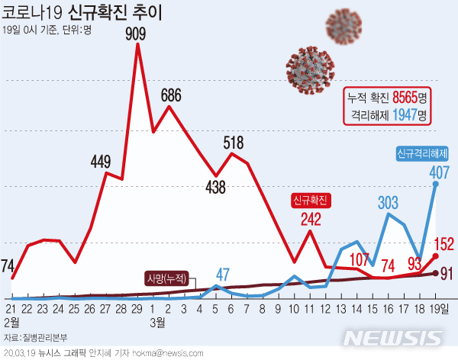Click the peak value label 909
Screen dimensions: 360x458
pyautogui.click(x=137, y=33)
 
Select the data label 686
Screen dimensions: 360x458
pyautogui.click(x=170, y=95)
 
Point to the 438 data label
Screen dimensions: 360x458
pyautogui.click(x=216, y=187)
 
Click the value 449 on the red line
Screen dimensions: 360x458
pyautogui.click(x=101, y=162)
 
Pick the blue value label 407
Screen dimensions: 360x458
pyautogui.click(x=439, y=172)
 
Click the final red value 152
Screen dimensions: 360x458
pyautogui.click(x=444, y=244)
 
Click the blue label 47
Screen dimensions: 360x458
pyautogui.click(x=222, y=274)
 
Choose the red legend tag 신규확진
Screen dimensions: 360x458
pyautogui.click(x=310, y=201)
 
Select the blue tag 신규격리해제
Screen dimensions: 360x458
pyautogui.click(x=422, y=153)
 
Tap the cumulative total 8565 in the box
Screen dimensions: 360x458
pyautogui.click(x=404, y=98)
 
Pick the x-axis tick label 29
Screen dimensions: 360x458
pyautogui.click(x=137, y=308)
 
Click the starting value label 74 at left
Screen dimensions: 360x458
pyautogui.click(x=8, y=265)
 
